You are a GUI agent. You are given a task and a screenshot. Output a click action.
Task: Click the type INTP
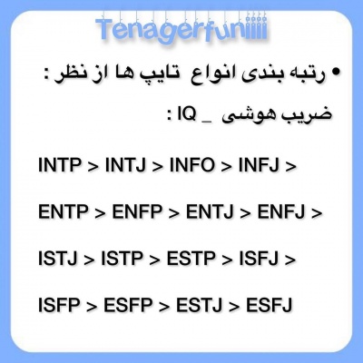[61, 168]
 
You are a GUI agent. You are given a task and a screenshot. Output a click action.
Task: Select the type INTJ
[129, 168]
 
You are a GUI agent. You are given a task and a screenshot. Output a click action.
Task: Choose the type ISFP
[61, 304]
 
